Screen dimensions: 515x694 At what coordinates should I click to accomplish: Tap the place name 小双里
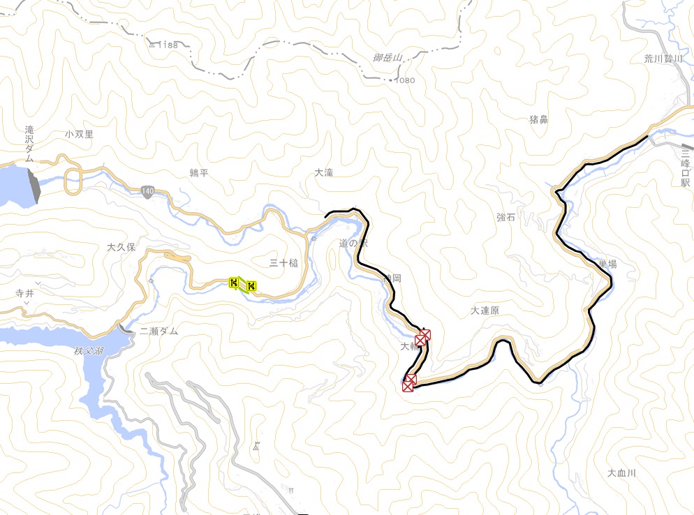(x=80, y=134)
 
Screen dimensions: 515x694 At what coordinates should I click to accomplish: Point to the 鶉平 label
(x=199, y=172)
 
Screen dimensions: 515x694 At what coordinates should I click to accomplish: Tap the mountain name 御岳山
(x=388, y=59)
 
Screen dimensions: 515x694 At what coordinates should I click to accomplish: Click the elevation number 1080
(x=405, y=80)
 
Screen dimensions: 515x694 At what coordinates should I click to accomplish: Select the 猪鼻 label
(x=538, y=119)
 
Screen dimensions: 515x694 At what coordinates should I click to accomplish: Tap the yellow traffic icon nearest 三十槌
(x=251, y=285)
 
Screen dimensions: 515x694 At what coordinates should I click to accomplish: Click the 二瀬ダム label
(x=158, y=331)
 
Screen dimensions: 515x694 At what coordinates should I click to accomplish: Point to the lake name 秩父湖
(x=89, y=351)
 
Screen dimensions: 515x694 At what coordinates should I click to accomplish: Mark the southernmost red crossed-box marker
(x=409, y=382)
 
